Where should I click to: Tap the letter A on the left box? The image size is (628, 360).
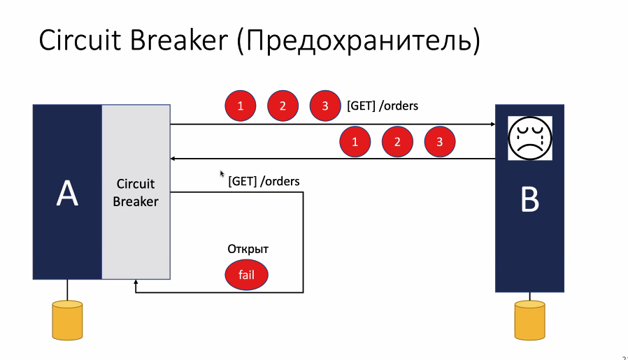coord(67,194)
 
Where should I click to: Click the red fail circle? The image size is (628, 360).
coord(246,275)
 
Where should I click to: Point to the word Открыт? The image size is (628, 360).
coord(248,249)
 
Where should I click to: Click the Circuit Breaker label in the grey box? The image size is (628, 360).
coord(136,193)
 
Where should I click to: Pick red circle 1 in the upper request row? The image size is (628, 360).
coord(240,106)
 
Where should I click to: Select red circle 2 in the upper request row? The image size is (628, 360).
coord(283,106)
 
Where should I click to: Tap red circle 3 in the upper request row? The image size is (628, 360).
coord(325,106)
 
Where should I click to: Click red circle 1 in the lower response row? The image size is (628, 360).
coord(355,142)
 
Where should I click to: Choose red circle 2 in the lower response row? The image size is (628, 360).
coord(397,142)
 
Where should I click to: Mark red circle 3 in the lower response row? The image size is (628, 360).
coord(439,142)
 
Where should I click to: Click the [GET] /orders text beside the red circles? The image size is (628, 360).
coord(382,106)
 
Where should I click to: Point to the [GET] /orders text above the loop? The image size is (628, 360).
coord(264,181)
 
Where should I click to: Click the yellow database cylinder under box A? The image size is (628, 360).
coord(67,319)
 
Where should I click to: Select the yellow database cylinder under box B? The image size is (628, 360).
coord(529,320)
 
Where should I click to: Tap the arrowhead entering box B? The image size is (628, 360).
coord(491,124)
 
